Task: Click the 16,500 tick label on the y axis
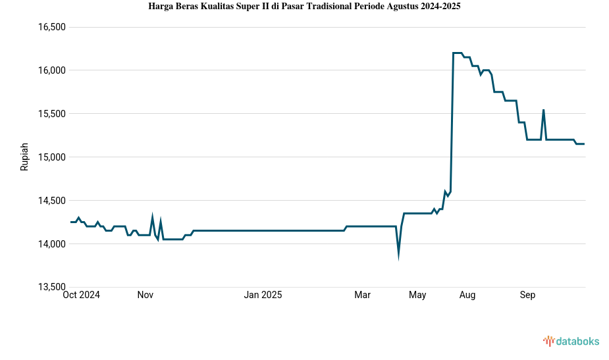point(53,27)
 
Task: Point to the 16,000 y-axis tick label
point(53,70)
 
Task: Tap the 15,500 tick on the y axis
point(53,114)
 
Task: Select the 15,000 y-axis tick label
point(53,157)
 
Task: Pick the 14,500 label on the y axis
point(53,201)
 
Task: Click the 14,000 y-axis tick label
point(53,244)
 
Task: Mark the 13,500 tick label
point(53,288)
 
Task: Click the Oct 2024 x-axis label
point(81,296)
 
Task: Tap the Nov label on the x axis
point(146,296)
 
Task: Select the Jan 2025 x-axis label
point(263,296)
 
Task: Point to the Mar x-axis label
point(363,296)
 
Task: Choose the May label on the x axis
point(417,296)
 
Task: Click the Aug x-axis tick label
point(467,296)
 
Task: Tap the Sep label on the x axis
point(527,296)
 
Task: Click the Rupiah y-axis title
point(25,157)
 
